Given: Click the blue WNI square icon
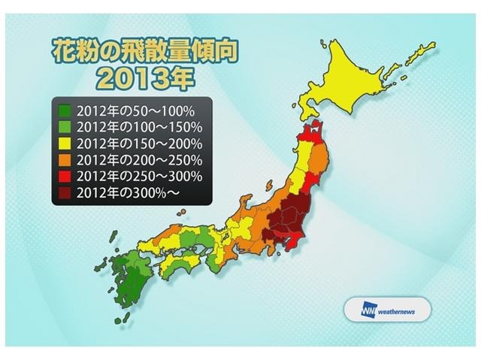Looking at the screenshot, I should [x=353, y=309].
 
